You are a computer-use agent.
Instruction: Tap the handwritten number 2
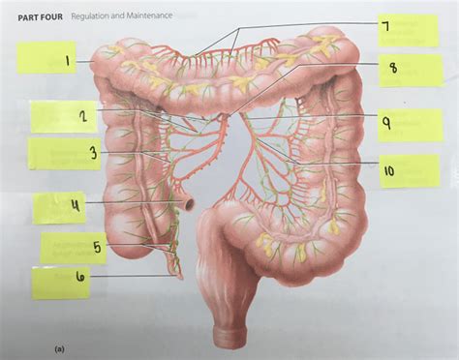point(85,117)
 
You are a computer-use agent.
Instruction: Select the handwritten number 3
point(92,153)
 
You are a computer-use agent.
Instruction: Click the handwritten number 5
point(98,247)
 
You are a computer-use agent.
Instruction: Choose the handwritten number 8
point(393,68)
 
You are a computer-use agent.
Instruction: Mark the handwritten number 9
point(385,123)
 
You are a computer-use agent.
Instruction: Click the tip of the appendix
point(180,277)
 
